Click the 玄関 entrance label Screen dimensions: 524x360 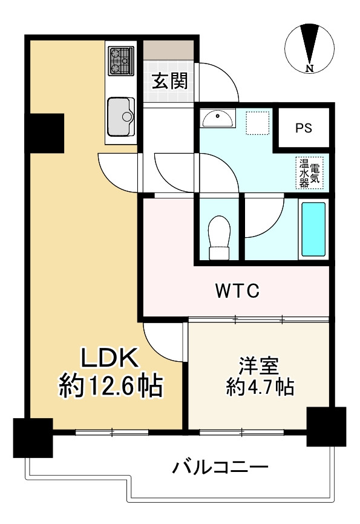pyautogui.click(x=169, y=81)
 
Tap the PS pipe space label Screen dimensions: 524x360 pyautogui.click(x=304, y=128)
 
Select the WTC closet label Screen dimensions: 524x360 pyautogui.click(x=238, y=291)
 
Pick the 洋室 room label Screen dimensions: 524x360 pyautogui.click(x=260, y=365)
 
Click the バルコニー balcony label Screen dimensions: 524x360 pyautogui.click(x=220, y=467)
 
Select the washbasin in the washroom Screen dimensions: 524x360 pyautogui.click(x=218, y=119)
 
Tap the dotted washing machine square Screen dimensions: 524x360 pyautogui.click(x=259, y=123)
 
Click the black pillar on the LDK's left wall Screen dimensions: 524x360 pyautogui.click(x=46, y=133)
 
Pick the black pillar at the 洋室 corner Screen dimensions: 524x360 pyautogui.click(x=326, y=427)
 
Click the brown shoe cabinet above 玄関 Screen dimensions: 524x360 pyautogui.click(x=168, y=49)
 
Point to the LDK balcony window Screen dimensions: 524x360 pyautogui.click(x=112, y=432)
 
